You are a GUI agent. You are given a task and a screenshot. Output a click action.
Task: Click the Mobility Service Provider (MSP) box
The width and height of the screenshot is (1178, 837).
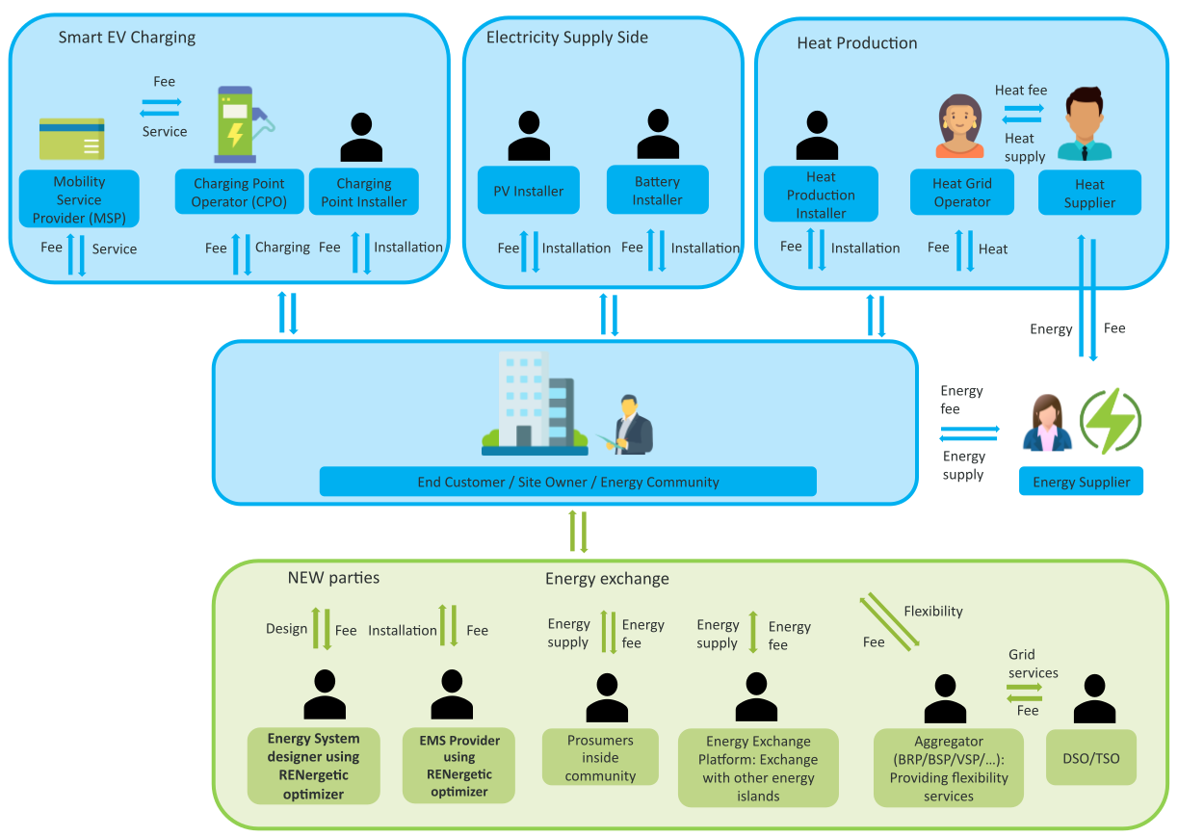[x=79, y=199]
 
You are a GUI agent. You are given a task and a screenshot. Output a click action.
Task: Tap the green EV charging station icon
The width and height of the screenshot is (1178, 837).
[x=238, y=125]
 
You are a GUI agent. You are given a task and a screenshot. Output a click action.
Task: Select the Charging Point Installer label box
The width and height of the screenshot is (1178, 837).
[x=363, y=192]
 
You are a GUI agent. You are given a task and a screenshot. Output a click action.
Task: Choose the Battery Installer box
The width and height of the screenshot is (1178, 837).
[x=657, y=191]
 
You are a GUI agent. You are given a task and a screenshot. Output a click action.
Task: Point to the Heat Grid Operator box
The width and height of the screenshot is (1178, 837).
[x=961, y=193]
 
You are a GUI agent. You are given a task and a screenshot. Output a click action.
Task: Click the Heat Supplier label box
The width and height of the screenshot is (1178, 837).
[x=1089, y=194]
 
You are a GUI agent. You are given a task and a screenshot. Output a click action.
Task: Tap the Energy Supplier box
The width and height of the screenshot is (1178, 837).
[x=1081, y=482]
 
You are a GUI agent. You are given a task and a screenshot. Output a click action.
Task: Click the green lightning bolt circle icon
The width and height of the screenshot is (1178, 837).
[x=1111, y=421]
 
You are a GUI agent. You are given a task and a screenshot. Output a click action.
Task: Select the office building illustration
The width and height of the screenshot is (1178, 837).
[x=536, y=403]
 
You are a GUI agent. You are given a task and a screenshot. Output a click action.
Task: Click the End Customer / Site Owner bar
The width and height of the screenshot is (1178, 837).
[x=567, y=482]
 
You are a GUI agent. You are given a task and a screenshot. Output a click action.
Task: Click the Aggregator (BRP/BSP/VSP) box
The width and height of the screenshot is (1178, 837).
[x=948, y=768]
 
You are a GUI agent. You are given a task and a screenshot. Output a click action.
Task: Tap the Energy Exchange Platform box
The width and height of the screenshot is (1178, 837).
[x=758, y=768]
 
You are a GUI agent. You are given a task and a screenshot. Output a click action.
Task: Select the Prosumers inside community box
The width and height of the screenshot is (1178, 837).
[x=600, y=758]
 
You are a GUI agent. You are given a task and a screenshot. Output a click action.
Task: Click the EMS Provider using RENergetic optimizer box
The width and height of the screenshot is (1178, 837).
[x=459, y=765]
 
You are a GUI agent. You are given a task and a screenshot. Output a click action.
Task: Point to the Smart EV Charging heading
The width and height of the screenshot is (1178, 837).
[x=126, y=38]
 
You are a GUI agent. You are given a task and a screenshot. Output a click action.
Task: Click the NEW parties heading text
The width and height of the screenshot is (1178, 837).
[x=333, y=578]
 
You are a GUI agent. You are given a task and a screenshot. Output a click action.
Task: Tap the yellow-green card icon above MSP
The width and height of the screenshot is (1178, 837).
[x=72, y=139]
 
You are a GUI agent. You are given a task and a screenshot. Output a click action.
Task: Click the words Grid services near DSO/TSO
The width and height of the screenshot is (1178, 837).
[x=1033, y=664]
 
